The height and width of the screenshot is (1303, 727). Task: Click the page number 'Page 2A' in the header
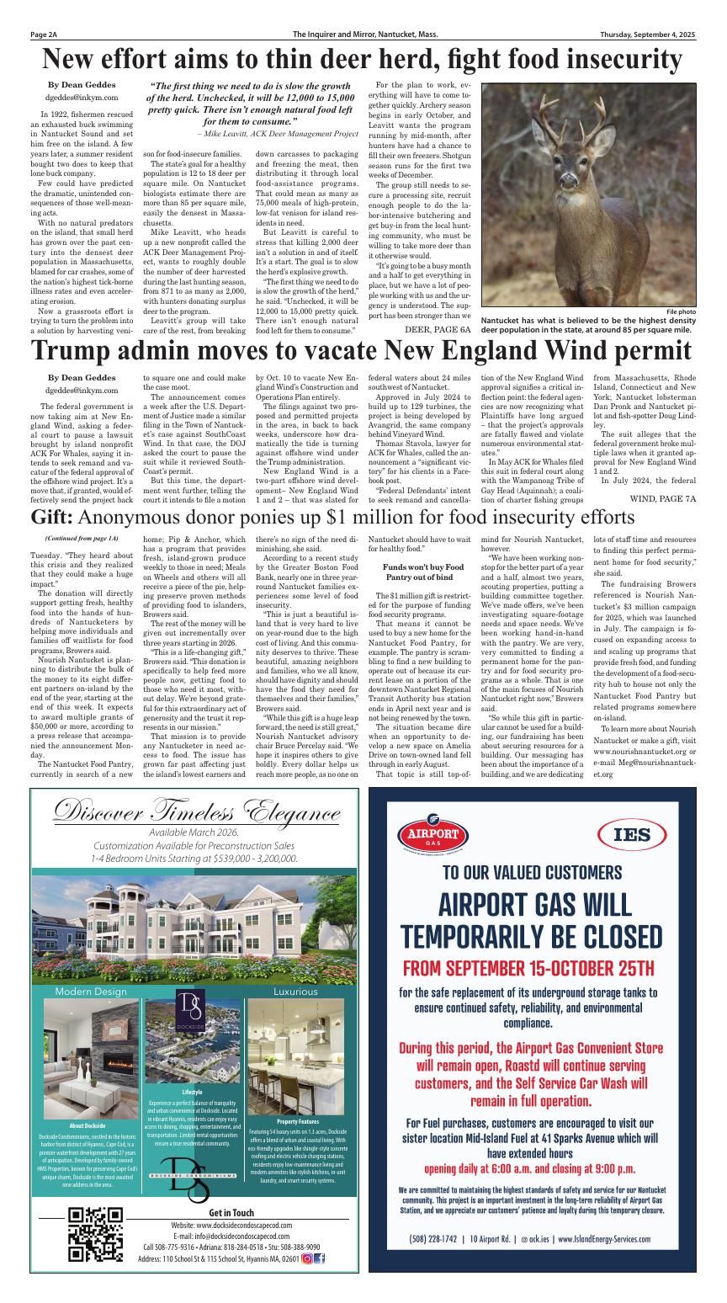(x=43, y=35)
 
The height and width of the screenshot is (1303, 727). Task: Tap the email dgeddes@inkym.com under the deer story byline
(x=77, y=98)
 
